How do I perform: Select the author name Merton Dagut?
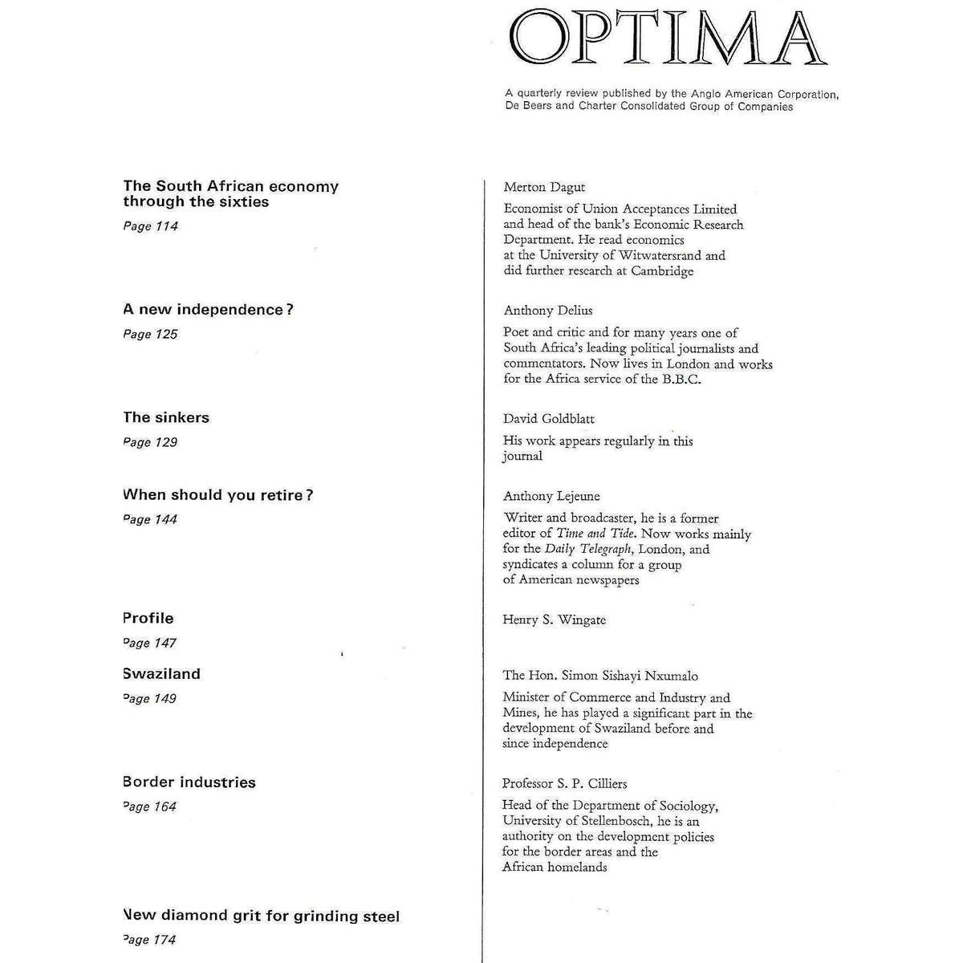(544, 187)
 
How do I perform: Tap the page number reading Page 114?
(151, 226)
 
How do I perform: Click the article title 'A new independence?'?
(208, 310)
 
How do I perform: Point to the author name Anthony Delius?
(548, 311)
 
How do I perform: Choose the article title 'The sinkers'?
(166, 417)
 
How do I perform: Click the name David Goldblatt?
(549, 419)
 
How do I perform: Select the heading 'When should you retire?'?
(217, 495)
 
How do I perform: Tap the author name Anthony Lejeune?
(551, 497)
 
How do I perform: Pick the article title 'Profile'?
(148, 618)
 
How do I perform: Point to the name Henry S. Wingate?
(554, 620)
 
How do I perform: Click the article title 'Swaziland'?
(161, 674)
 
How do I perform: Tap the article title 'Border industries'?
(189, 782)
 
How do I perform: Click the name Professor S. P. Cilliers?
(564, 784)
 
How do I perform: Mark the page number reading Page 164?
(150, 807)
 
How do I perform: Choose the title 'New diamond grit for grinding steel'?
(262, 916)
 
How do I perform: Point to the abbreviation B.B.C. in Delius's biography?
(682, 380)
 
